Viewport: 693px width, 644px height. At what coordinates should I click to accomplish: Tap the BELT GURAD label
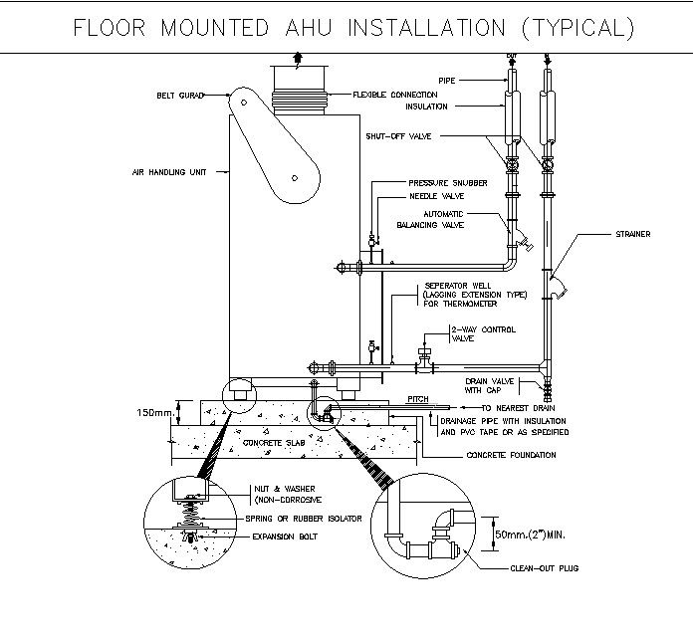pos(179,96)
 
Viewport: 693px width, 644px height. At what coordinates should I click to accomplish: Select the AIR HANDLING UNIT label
pos(169,172)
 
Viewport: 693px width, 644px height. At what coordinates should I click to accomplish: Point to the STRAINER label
pos(632,235)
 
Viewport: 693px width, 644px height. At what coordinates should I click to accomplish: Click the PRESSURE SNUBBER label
pos(447,183)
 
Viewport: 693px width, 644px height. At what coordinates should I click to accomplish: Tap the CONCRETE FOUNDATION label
pos(511,455)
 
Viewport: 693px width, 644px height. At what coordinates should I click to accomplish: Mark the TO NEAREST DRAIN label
pos(517,408)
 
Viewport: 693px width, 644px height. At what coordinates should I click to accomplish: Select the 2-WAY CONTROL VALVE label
pos(482,333)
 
